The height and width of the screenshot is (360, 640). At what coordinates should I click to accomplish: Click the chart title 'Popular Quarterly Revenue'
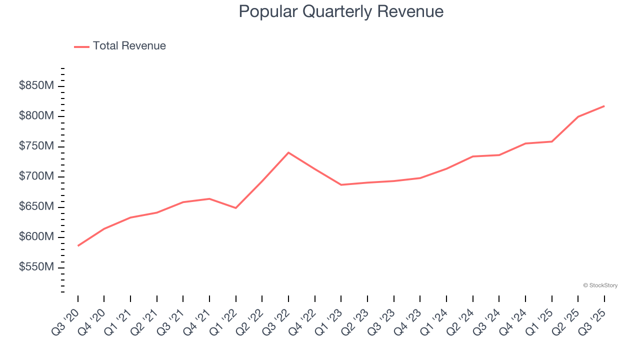click(x=341, y=11)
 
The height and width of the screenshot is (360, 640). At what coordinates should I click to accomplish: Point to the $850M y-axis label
click(x=36, y=86)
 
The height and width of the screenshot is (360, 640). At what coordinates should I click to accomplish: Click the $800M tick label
click(x=36, y=116)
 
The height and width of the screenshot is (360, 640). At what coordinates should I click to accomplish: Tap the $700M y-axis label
click(x=36, y=176)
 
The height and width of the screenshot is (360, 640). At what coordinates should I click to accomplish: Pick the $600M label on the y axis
click(x=36, y=237)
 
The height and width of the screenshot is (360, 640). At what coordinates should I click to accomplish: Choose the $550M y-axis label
click(x=36, y=267)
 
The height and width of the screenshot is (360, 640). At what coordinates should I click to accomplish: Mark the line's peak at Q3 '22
click(x=288, y=152)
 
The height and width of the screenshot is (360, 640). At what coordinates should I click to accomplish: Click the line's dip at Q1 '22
click(x=236, y=208)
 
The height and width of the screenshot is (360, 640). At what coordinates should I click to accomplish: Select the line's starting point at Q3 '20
click(x=78, y=246)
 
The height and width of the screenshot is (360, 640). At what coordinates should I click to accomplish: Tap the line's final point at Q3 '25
click(x=604, y=106)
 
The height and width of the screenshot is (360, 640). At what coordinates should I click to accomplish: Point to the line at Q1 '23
click(x=341, y=185)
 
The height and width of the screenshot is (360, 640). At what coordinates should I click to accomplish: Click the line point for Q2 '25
click(x=578, y=117)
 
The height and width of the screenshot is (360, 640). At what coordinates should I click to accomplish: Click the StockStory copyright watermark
click(x=600, y=285)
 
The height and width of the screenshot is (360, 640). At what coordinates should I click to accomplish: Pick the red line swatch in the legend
click(x=81, y=46)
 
